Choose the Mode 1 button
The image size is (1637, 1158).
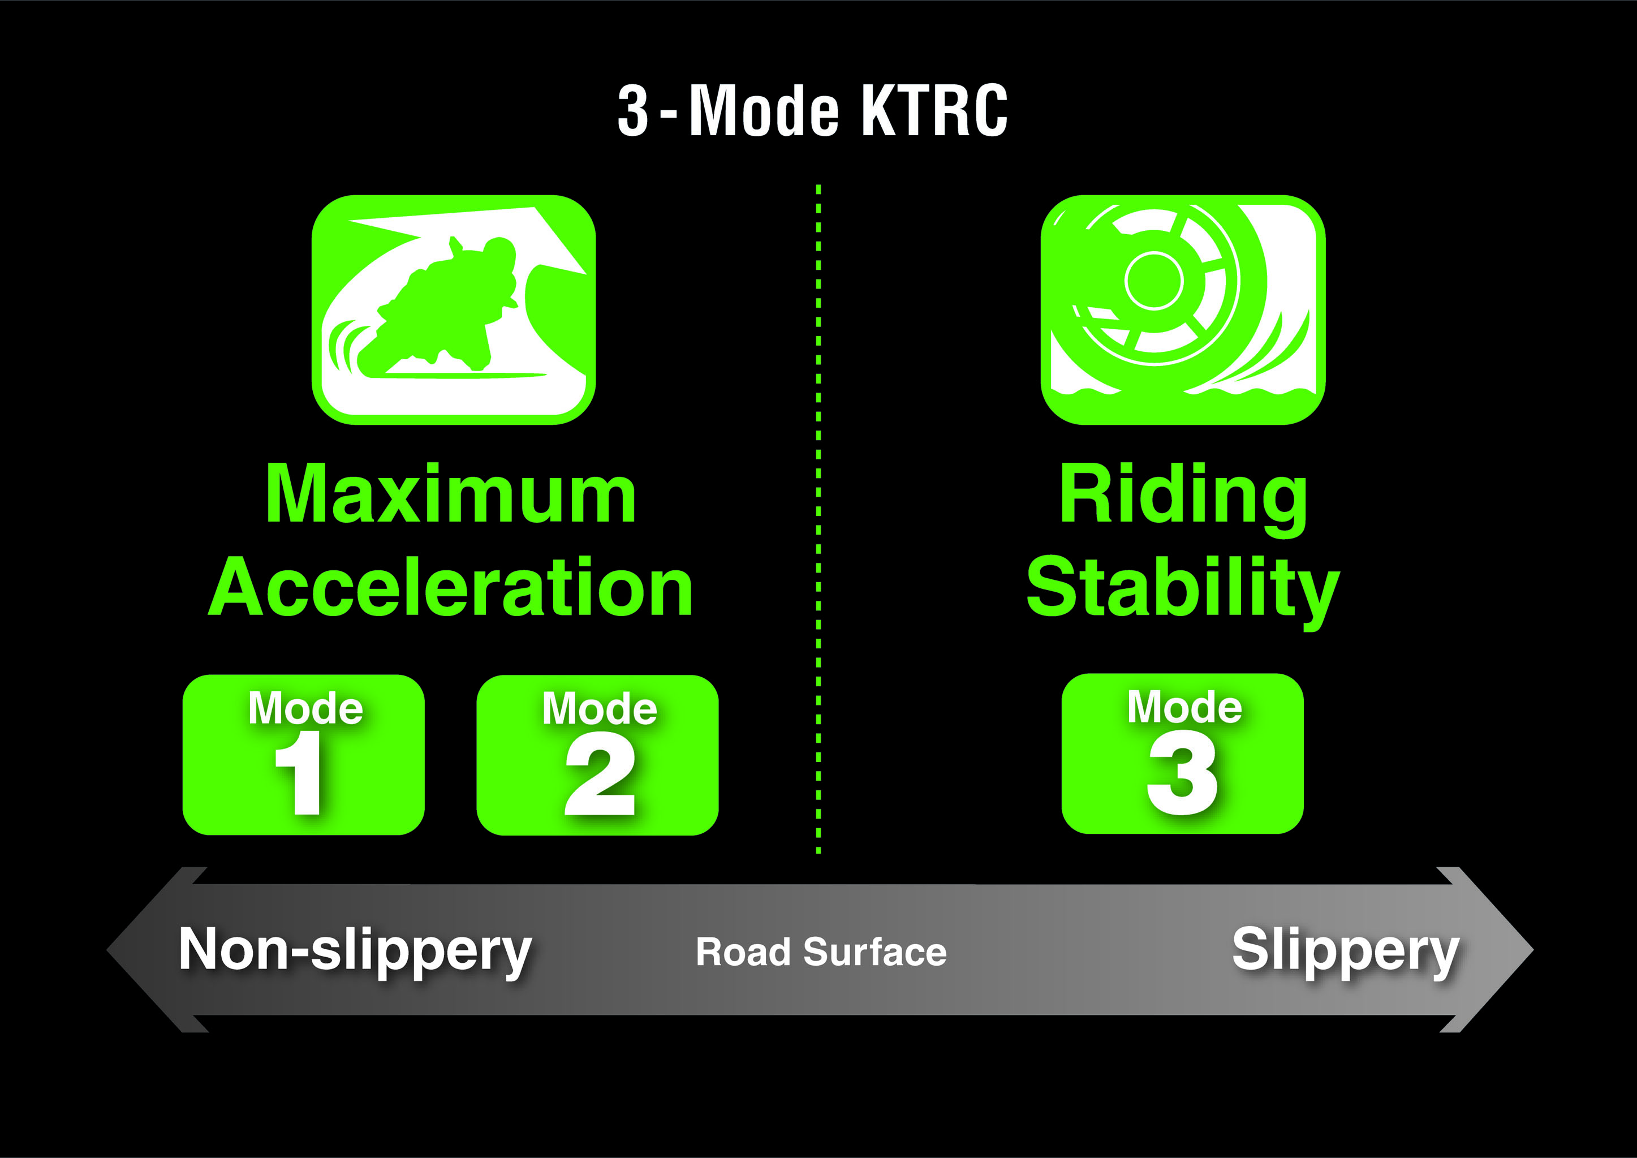tap(304, 755)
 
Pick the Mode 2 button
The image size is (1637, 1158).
tap(597, 755)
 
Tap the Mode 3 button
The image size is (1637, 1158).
tap(1183, 753)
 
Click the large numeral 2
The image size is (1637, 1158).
tap(600, 774)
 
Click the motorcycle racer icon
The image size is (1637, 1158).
tap(454, 309)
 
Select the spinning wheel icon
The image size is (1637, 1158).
tap(1183, 309)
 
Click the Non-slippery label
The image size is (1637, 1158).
tap(355, 950)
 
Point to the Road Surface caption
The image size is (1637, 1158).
tap(821, 952)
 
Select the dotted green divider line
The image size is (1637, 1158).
tap(818, 518)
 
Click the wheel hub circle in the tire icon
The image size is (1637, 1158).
tap(1153, 280)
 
